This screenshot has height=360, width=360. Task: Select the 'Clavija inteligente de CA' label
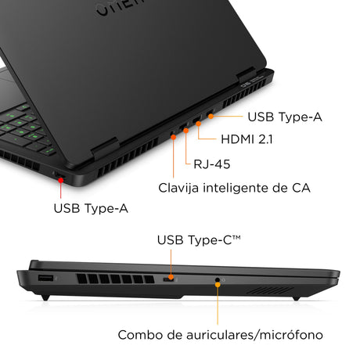coord(234,188)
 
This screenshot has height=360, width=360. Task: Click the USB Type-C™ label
coord(199,239)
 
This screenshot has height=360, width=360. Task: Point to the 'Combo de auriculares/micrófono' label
coord(220,334)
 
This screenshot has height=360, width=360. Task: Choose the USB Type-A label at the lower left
coord(91,208)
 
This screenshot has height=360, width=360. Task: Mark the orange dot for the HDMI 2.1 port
coord(199,123)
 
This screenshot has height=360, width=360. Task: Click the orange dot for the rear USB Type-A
coord(209,117)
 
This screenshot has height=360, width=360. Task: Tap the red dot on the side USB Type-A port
coord(60,179)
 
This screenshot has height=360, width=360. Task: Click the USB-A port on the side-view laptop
coord(44,279)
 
